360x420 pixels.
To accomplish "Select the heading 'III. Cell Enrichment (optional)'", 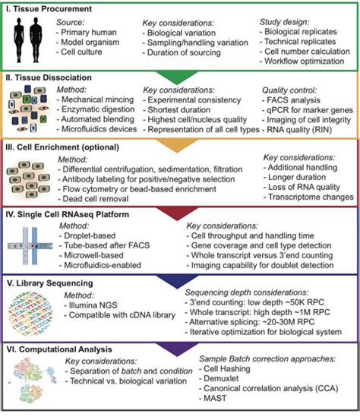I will pyautogui.click(x=67, y=147).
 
